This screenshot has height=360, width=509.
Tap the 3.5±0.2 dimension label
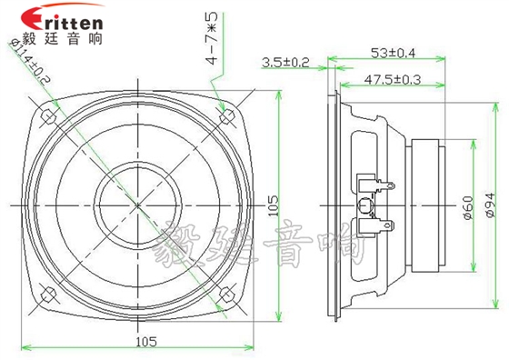(x=285, y=63)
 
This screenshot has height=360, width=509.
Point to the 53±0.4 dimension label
(x=394, y=52)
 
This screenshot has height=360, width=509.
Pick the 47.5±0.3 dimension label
(x=393, y=79)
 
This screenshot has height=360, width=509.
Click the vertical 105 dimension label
(x=274, y=207)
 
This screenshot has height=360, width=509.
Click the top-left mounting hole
(x=45, y=115)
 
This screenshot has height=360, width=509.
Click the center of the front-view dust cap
(x=137, y=205)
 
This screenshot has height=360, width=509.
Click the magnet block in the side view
(x=426, y=205)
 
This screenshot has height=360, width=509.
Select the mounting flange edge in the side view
(x=332, y=205)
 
